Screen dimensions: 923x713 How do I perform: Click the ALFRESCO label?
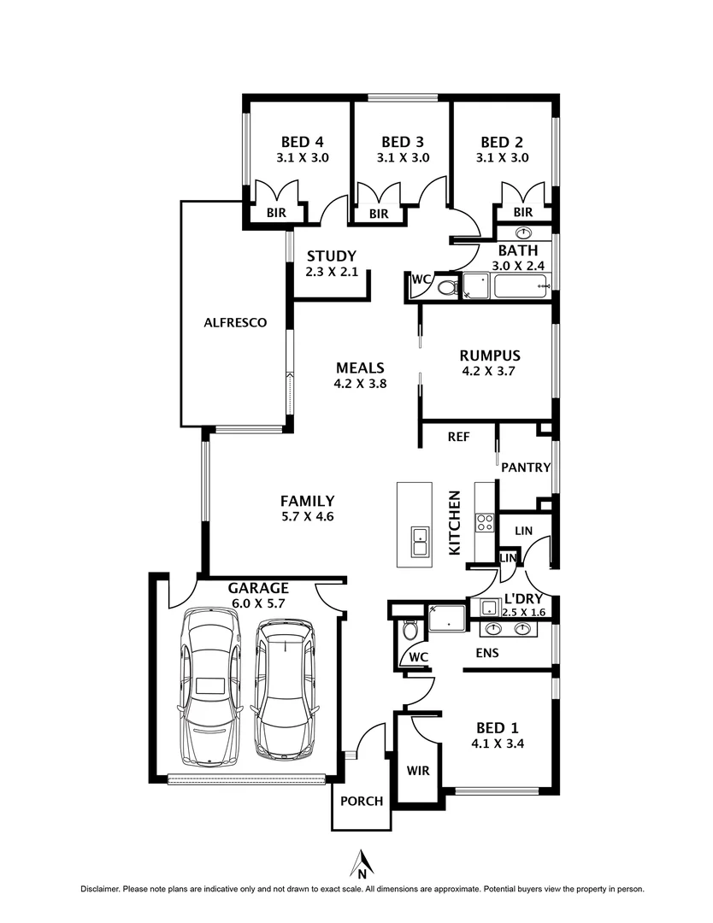point(235,323)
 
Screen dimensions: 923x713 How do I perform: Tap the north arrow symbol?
point(362,863)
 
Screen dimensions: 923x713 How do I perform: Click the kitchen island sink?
point(419,542)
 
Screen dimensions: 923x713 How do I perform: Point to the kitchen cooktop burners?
point(485,522)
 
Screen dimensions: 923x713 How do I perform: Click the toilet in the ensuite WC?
point(410,631)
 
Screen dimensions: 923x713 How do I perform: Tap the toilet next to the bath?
point(447,288)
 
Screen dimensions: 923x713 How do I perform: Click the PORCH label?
point(362,802)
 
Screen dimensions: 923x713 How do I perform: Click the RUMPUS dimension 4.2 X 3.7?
point(490,372)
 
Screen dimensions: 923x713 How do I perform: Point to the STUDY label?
point(331,256)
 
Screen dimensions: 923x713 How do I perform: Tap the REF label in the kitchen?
point(459,437)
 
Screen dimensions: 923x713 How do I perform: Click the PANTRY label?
point(525,467)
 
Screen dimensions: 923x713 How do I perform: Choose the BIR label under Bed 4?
point(275,213)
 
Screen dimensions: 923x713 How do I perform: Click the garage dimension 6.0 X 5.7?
point(257,603)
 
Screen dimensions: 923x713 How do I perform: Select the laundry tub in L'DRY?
point(490,608)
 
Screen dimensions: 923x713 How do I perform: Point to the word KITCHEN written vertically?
point(456,521)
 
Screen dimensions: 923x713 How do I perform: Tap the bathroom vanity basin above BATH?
point(523,233)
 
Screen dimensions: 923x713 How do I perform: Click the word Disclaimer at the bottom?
point(100,890)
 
